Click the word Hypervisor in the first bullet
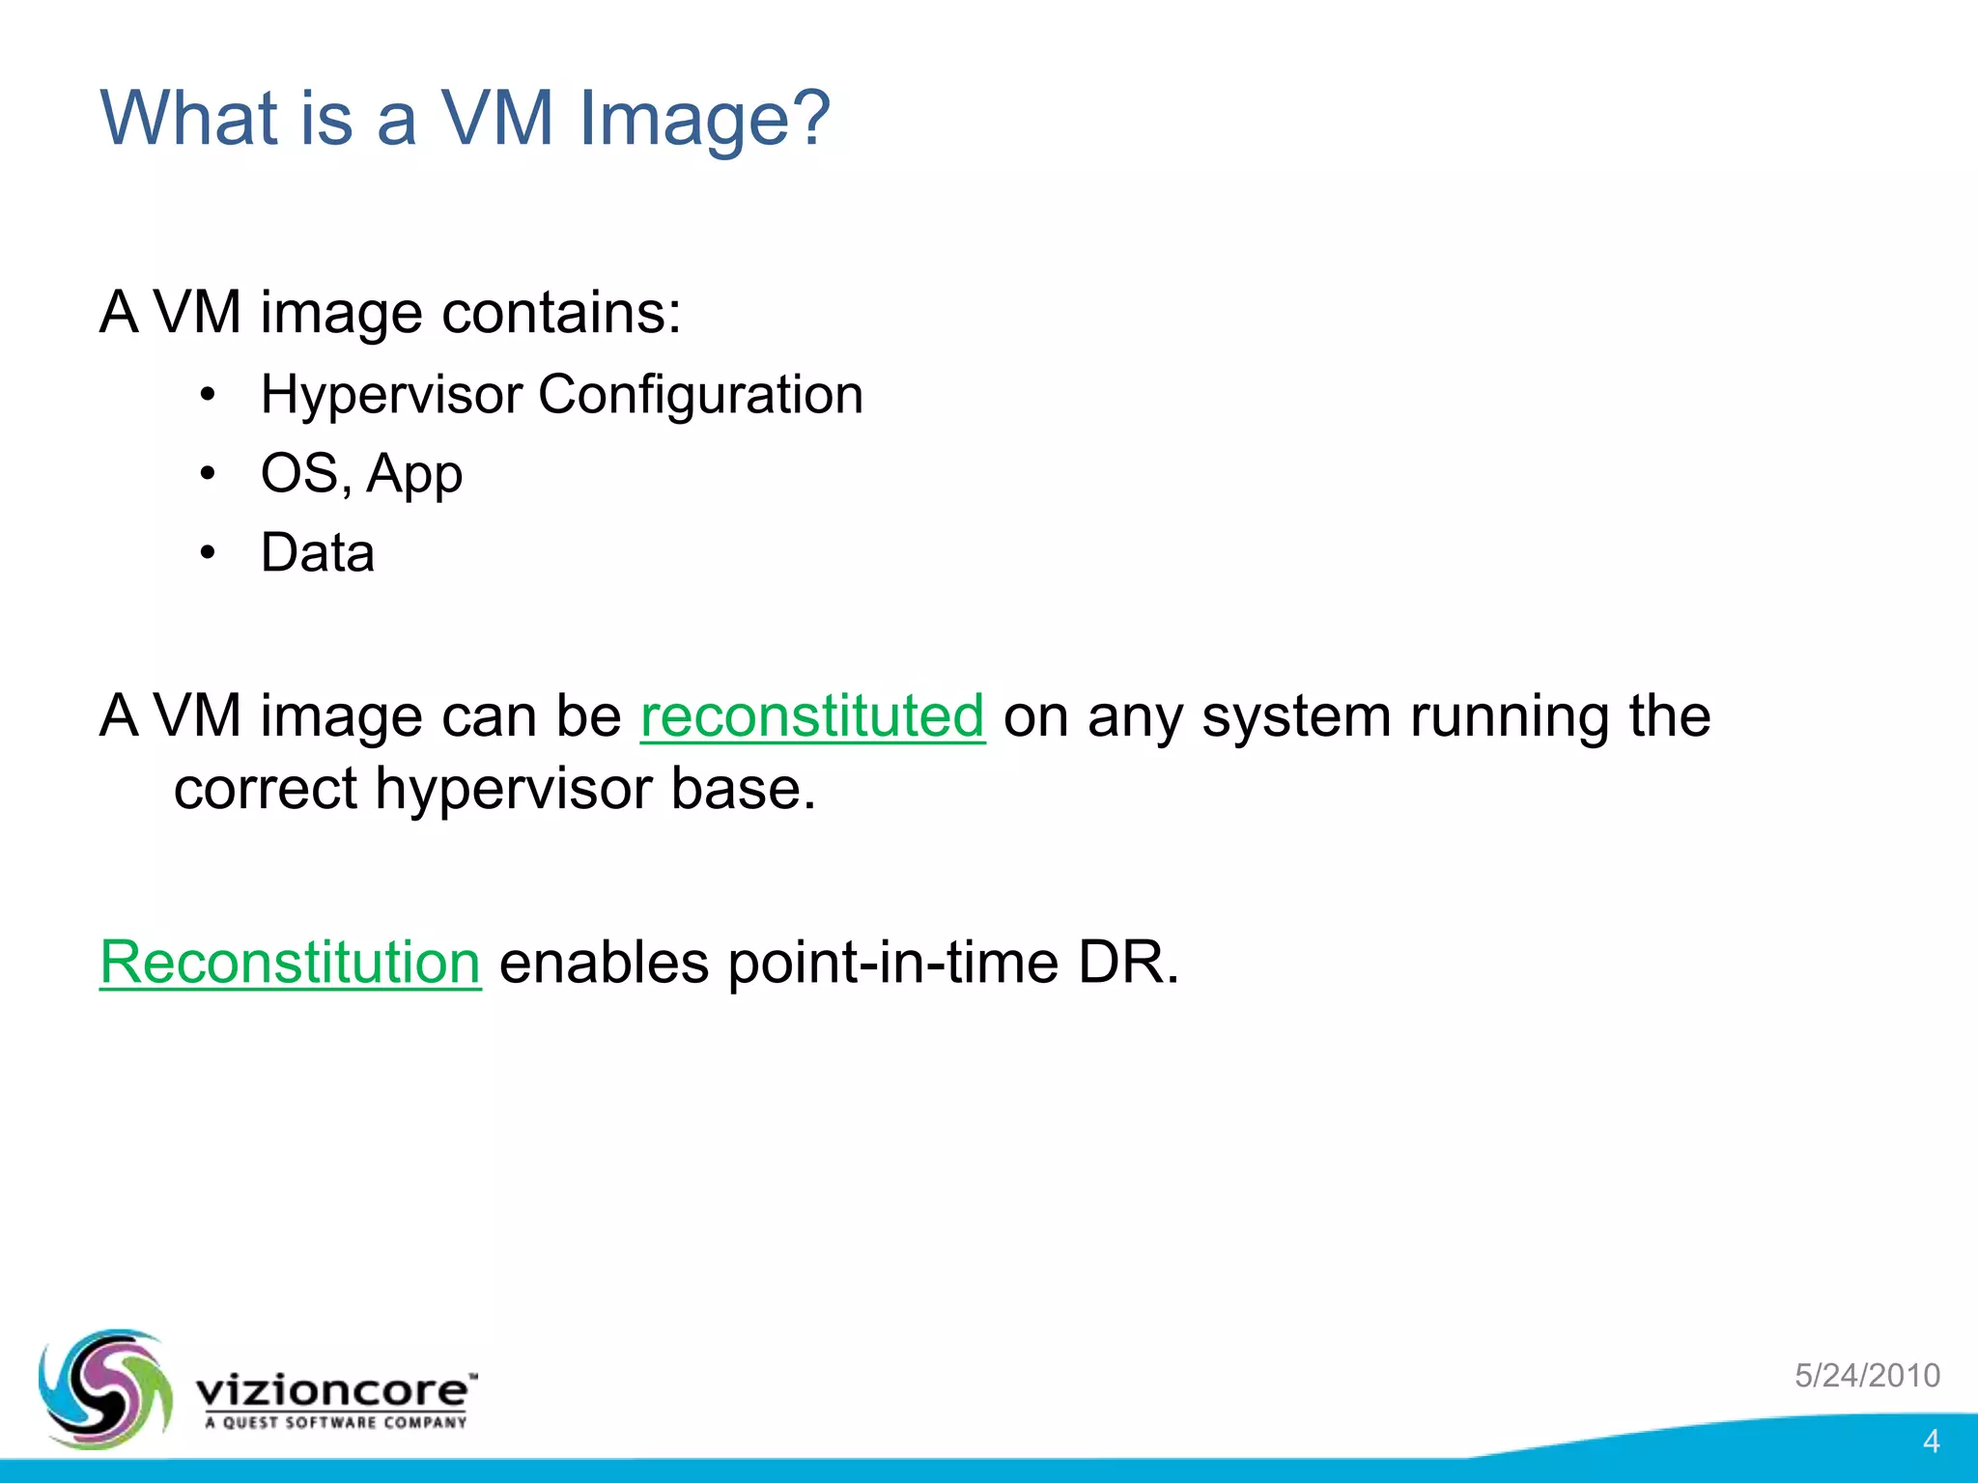(x=391, y=396)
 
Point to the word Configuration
(x=700, y=395)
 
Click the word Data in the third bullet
(x=318, y=553)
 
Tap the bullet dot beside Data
(x=208, y=554)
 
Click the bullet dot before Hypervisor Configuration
(x=208, y=396)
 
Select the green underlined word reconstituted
(x=812, y=716)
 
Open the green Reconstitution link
(x=290, y=963)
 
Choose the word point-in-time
(x=893, y=963)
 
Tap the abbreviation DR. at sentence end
(x=1128, y=963)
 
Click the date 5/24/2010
(x=1867, y=1375)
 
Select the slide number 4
(x=1931, y=1441)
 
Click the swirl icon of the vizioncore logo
(x=104, y=1389)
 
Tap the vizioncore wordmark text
(x=334, y=1391)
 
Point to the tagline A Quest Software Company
(x=335, y=1422)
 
